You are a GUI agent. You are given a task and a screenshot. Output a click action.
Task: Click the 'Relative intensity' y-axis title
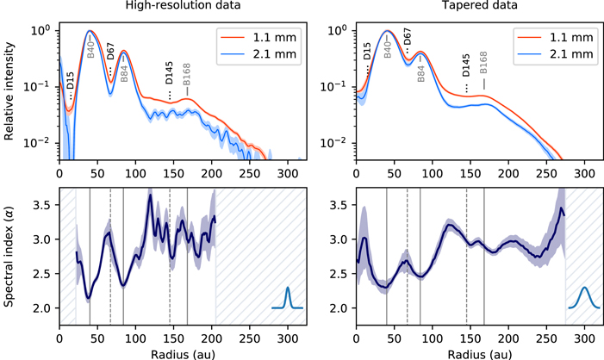10,90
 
